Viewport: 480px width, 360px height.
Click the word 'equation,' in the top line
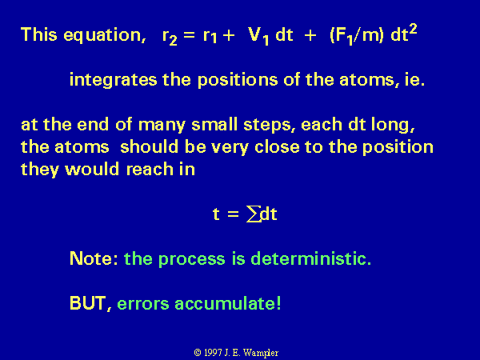(x=104, y=35)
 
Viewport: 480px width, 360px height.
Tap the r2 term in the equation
(x=170, y=37)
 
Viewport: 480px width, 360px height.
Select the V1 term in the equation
(x=258, y=36)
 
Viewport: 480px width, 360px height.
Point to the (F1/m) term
(x=357, y=36)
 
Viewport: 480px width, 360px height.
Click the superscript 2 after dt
(x=413, y=30)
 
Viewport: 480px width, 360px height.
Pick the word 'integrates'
(x=114, y=80)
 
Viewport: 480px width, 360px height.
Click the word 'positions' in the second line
(x=238, y=80)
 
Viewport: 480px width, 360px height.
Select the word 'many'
(x=162, y=125)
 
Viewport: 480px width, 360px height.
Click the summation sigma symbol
(x=254, y=214)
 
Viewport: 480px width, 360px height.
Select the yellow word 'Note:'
(x=94, y=258)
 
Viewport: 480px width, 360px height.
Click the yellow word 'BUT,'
(x=90, y=304)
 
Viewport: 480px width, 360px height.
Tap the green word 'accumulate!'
(x=227, y=303)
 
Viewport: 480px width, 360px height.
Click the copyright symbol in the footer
(x=198, y=353)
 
